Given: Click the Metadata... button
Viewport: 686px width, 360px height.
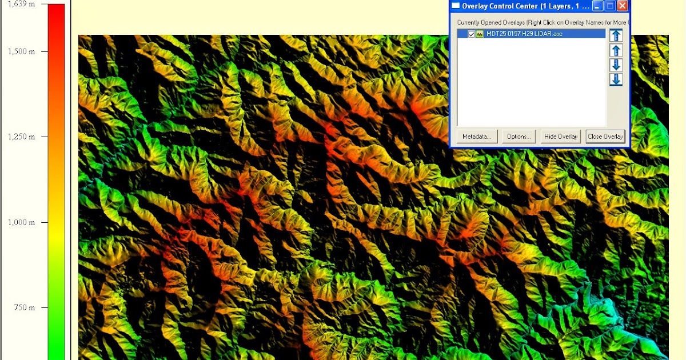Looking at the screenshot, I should (x=477, y=137).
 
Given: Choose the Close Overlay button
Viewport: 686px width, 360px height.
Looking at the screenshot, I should (x=605, y=137).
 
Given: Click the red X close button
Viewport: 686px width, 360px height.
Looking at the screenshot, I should (x=623, y=6).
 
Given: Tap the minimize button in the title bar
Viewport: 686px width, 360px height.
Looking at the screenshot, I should (x=597, y=6).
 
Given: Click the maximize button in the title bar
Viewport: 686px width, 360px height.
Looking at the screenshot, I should (x=610, y=6).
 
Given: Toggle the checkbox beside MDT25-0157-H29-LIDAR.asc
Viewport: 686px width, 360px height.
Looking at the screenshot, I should (x=472, y=34).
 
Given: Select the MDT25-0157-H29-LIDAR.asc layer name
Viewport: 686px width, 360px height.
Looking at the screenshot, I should (x=524, y=34).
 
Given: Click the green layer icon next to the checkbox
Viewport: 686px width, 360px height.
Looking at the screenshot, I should (x=480, y=34).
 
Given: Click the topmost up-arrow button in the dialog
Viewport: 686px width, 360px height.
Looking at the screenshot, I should (x=616, y=35).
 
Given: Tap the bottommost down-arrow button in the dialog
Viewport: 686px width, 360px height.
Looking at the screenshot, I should (x=616, y=79).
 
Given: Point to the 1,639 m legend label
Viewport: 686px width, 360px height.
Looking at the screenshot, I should (x=21, y=4).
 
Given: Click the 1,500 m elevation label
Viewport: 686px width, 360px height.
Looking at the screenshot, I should (x=21, y=51).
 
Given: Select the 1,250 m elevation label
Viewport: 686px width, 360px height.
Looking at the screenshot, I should (x=21, y=137).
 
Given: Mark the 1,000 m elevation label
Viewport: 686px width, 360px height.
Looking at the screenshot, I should (x=21, y=222).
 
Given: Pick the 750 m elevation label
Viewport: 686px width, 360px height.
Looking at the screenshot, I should (x=24, y=307).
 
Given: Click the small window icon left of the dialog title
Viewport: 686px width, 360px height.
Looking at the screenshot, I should (x=456, y=6).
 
